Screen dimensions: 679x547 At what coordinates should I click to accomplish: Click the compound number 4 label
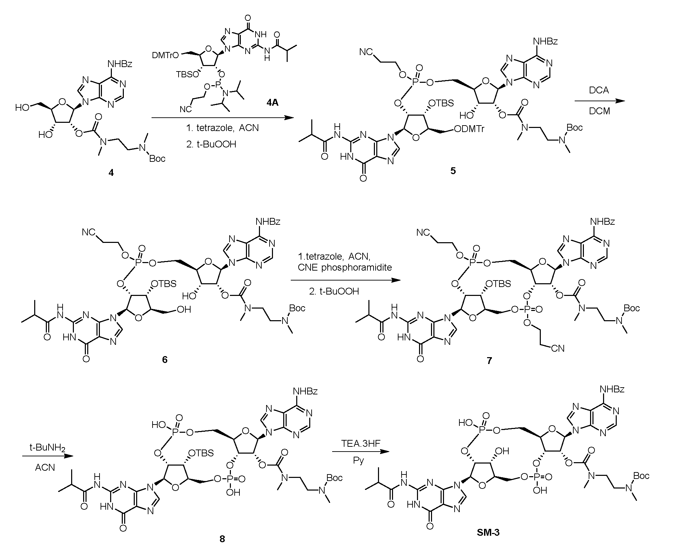pyautogui.click(x=111, y=173)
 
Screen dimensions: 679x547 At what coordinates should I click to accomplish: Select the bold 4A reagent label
pyautogui.click(x=273, y=102)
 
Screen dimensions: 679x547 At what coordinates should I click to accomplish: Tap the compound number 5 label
pyautogui.click(x=453, y=171)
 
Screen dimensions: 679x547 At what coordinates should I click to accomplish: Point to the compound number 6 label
pyautogui.click(x=165, y=360)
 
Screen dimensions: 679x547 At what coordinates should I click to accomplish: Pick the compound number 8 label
pyautogui.click(x=222, y=539)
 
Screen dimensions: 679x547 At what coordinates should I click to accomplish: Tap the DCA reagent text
pyautogui.click(x=600, y=90)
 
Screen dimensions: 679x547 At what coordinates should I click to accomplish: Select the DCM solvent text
pyautogui.click(x=600, y=111)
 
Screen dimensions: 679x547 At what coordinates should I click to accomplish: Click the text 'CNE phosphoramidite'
pyautogui.click(x=345, y=268)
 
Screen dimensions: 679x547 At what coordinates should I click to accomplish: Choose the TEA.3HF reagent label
pyautogui.click(x=361, y=443)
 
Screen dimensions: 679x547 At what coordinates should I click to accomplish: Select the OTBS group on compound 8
pyautogui.click(x=201, y=453)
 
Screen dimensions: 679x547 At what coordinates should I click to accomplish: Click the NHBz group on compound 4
pyautogui.click(x=120, y=64)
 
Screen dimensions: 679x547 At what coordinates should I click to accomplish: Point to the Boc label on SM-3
pyautogui.click(x=641, y=476)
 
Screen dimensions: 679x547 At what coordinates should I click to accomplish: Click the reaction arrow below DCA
pyautogui.click(x=600, y=101)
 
